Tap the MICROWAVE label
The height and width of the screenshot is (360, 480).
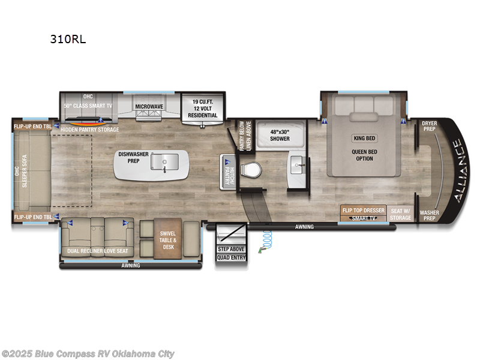(x=149, y=106)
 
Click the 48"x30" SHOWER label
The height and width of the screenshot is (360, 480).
(x=279, y=135)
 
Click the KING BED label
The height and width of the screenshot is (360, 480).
(x=364, y=137)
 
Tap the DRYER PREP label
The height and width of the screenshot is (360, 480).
(x=429, y=127)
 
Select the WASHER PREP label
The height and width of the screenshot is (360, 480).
(x=429, y=215)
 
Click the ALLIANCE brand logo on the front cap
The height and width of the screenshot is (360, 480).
(x=456, y=170)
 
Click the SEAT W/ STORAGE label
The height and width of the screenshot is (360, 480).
(x=401, y=214)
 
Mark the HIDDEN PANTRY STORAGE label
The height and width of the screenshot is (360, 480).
(x=89, y=129)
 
